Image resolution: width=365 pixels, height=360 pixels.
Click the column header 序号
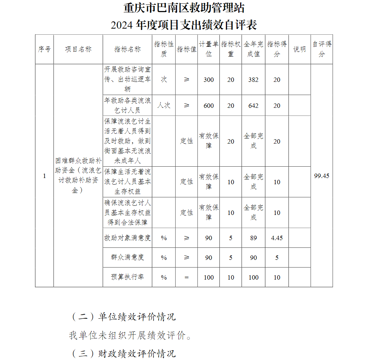(x=44, y=49)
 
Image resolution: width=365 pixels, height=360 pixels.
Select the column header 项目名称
(x=78, y=49)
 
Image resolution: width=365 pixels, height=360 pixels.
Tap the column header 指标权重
(x=231, y=49)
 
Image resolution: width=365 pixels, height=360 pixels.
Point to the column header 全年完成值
(x=253, y=49)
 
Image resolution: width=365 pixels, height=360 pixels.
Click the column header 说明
(x=300, y=49)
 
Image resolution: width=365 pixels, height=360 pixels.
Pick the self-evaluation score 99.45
(x=322, y=176)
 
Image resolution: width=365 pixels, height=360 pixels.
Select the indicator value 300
(x=209, y=80)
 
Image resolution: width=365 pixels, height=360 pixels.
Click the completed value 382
(x=253, y=80)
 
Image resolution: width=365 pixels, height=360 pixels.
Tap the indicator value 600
(x=209, y=106)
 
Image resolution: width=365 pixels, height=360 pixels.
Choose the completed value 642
(x=253, y=106)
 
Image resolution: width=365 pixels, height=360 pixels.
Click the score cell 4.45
(x=277, y=238)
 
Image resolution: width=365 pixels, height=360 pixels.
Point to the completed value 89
(x=253, y=238)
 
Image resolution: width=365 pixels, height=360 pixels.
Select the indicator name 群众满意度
(x=127, y=257)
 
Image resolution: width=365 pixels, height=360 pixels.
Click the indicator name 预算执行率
(x=127, y=277)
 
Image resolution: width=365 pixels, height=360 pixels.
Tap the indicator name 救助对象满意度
(x=127, y=238)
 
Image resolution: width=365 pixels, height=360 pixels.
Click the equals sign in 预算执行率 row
(x=187, y=277)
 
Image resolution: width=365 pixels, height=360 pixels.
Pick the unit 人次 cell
(x=164, y=106)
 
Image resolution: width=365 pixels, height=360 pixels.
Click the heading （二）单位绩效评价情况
(x=123, y=317)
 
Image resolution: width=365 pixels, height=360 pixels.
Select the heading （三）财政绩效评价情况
(x=123, y=353)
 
